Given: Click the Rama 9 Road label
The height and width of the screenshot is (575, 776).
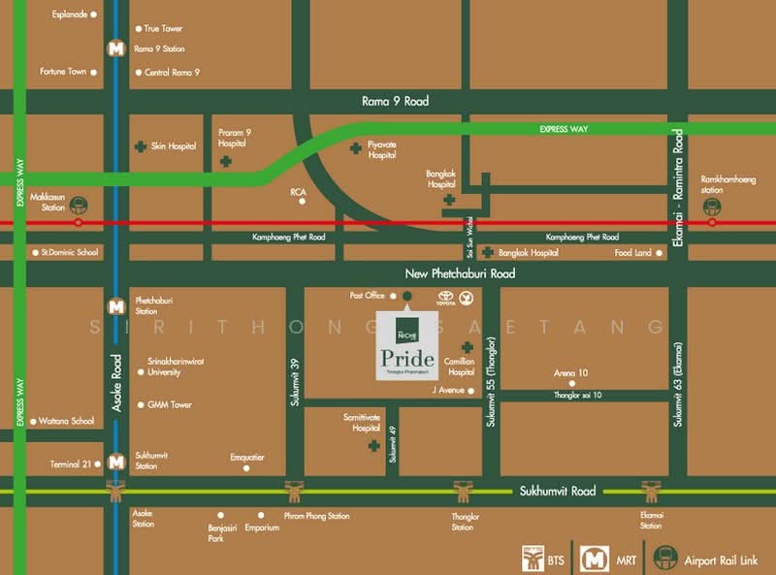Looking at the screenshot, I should (x=395, y=101).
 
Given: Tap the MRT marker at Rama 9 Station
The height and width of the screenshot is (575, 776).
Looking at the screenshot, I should (x=116, y=48).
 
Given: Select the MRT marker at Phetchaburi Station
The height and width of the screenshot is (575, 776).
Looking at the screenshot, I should (x=116, y=304).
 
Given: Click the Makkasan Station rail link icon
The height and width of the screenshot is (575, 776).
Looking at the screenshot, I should (x=79, y=206).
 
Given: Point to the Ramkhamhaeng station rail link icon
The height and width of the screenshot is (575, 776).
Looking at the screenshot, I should (x=713, y=206).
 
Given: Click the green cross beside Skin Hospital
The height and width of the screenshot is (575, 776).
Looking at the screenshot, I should (x=141, y=146).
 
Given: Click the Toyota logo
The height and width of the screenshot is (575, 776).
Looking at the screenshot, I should (x=446, y=297).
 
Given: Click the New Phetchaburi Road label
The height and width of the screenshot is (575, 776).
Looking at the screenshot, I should (x=446, y=274).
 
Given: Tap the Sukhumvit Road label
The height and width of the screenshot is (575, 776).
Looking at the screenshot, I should (x=557, y=491).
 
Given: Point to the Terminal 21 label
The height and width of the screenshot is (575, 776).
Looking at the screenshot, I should (x=72, y=464).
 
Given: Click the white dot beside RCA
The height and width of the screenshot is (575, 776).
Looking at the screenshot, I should (x=303, y=202).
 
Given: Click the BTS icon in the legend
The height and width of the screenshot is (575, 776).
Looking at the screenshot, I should (x=533, y=557).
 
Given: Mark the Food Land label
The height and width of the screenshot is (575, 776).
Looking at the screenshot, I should (x=633, y=253).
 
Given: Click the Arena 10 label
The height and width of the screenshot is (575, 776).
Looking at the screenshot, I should (x=570, y=373).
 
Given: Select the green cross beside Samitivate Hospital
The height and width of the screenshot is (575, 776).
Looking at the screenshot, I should (x=372, y=446).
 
